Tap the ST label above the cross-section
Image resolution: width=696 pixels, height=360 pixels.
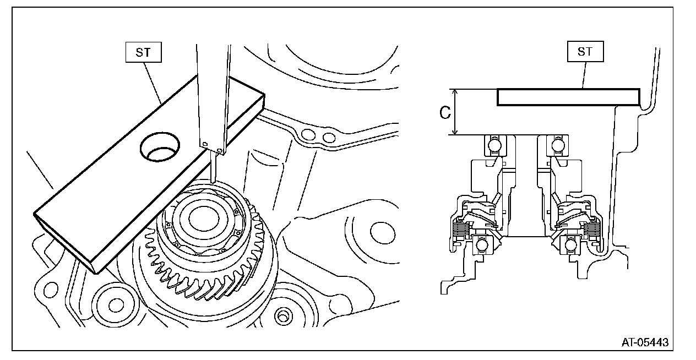click(585, 52)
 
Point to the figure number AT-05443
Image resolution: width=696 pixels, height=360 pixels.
click(645, 342)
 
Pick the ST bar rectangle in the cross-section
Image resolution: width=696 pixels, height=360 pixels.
click(568, 97)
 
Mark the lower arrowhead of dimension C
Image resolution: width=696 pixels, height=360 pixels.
click(454, 132)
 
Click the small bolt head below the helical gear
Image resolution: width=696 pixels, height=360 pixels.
click(282, 316)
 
